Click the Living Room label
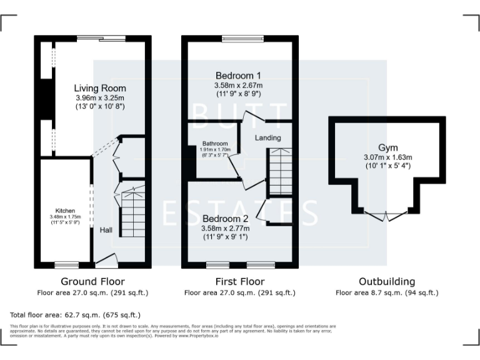point(100,88)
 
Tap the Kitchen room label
point(65,210)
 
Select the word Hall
point(106,231)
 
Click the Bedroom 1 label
point(238,75)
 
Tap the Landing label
point(267,137)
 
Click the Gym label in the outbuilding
point(387,147)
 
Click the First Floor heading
point(239,282)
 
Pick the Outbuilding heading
point(387,282)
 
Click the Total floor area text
point(76,315)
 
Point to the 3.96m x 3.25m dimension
point(100,98)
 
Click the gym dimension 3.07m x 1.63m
point(387,157)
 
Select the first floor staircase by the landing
point(279,172)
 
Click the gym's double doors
point(387,216)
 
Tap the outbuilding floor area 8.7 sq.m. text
point(387,292)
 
